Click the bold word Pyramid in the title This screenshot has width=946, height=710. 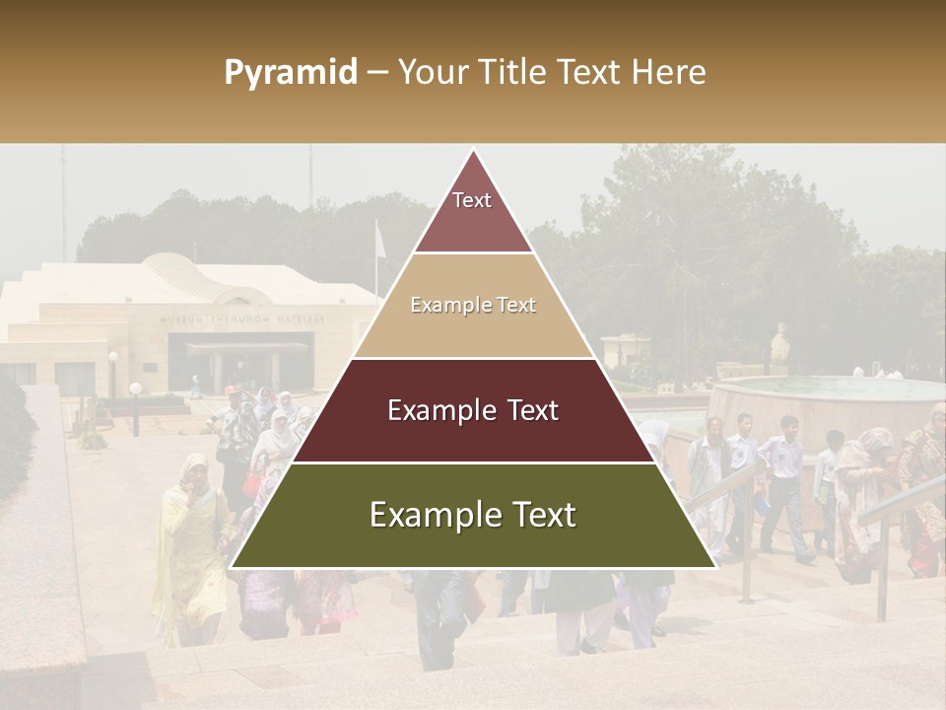(x=290, y=73)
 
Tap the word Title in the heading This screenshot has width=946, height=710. (x=513, y=73)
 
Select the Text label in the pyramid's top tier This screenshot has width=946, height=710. (x=472, y=200)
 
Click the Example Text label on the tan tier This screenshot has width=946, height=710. (x=473, y=306)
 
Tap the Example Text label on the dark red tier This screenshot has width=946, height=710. (x=473, y=410)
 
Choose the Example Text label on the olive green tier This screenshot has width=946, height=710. (x=473, y=515)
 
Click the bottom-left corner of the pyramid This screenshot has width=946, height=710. (x=231, y=567)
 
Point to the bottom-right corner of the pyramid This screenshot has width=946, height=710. (x=715, y=567)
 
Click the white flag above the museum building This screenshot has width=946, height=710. (x=379, y=242)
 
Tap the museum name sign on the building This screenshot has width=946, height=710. (x=242, y=319)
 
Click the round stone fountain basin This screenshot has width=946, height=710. (x=828, y=404)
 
